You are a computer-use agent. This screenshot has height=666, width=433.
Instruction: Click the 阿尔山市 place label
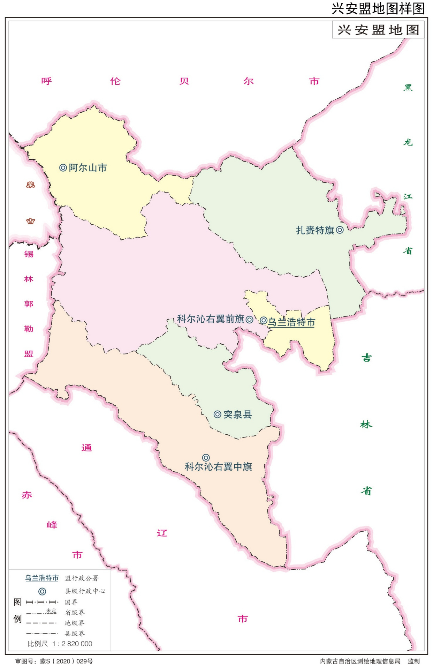[88, 168]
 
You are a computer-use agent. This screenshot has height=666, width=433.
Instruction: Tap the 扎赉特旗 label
[315, 230]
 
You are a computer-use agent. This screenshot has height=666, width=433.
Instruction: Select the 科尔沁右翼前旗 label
[211, 319]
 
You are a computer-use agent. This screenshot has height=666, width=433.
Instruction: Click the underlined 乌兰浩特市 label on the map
[291, 322]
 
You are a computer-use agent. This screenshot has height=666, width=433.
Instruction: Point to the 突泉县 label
[237, 414]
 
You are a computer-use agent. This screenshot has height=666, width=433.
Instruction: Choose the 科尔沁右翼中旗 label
[218, 467]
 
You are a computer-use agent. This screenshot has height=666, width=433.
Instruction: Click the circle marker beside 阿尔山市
[63, 168]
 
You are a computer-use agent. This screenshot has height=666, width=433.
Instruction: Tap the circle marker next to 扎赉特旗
[340, 230]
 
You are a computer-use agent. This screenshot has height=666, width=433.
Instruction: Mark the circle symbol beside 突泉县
[218, 414]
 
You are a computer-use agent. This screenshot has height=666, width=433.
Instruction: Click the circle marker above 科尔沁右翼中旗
[206, 457]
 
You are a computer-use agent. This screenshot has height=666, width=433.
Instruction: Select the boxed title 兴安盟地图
[378, 30]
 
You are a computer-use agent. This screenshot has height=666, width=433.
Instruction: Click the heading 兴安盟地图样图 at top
[378, 8]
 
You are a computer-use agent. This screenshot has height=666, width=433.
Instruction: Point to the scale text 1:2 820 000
[72, 644]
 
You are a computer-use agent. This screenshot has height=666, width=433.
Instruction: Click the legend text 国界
[71, 602]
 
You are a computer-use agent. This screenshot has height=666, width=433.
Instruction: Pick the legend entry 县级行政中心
[85, 591]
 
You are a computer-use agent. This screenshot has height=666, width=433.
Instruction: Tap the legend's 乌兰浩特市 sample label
[42, 578]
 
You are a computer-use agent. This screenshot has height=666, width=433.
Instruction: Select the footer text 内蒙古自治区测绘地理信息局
[360, 661]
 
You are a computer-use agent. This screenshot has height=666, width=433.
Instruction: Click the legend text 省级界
[75, 613]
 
